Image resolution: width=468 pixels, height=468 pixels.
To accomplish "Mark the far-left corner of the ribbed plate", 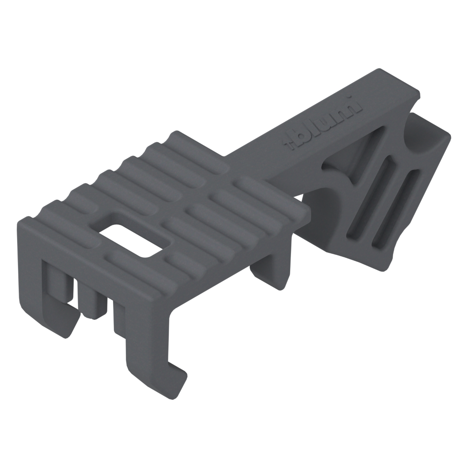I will click(19, 222).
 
